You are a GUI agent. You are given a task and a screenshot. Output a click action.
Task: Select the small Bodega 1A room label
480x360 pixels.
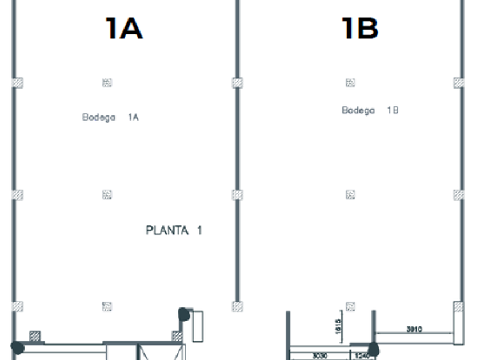(110, 117)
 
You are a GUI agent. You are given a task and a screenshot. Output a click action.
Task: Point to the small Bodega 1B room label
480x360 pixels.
(370, 110)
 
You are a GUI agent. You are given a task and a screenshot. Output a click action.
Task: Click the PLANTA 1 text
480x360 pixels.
(174, 231)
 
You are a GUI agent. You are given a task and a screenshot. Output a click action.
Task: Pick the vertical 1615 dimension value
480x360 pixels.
(339, 326)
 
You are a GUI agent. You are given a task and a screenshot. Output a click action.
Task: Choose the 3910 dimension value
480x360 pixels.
(414, 330)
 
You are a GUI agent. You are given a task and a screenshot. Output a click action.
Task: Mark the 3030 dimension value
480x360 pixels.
(319, 356)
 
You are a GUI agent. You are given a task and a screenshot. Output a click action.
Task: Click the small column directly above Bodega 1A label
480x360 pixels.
(107, 83)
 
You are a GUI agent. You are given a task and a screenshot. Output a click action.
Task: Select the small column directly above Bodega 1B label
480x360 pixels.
(350, 83)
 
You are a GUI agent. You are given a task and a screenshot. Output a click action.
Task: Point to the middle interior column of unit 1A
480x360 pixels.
(107, 195)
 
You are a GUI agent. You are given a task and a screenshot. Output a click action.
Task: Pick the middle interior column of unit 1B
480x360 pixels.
(351, 195)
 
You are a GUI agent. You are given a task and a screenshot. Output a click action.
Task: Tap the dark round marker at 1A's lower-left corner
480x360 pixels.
(18, 347)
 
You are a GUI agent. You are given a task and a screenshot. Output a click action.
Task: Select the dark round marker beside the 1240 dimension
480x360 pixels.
(374, 349)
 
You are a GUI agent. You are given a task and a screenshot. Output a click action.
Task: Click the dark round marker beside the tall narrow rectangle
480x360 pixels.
(184, 314)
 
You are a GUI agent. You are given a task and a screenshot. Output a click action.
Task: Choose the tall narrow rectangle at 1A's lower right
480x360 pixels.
(197, 326)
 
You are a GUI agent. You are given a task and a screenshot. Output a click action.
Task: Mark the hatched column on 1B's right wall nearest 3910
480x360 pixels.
(458, 307)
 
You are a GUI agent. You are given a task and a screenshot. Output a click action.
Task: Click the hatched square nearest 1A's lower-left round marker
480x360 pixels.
(35, 336)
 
